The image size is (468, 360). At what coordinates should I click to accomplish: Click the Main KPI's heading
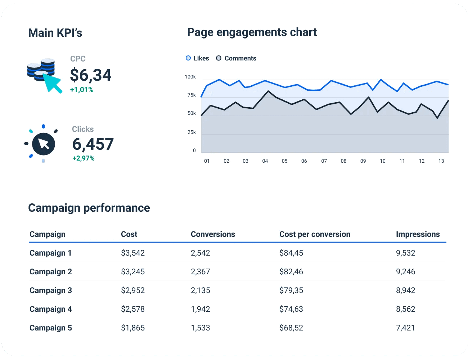55,33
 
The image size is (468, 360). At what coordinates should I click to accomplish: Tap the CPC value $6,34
91,75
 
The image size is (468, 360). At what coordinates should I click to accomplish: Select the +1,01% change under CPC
82,90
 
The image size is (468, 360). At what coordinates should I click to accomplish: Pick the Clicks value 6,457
93,144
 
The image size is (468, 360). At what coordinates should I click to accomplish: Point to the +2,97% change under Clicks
83,158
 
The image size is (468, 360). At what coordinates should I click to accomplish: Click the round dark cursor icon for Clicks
43,144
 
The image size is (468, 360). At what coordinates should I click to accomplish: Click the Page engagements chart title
252,32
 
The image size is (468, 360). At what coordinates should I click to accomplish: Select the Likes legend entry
197,58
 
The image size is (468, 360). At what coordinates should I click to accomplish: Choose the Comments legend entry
236,58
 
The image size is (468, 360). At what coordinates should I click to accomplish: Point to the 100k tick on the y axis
190,77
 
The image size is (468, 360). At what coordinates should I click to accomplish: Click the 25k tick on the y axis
192,132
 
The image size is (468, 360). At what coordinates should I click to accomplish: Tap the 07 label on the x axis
324,161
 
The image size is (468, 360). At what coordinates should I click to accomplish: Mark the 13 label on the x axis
441,161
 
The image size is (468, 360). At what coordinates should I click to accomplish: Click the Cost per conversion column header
315,234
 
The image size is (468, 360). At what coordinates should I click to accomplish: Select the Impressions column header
418,234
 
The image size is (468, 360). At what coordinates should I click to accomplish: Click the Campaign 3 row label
51,291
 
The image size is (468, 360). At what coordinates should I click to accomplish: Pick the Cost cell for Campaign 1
133,253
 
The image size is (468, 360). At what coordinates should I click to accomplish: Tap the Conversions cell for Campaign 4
200,309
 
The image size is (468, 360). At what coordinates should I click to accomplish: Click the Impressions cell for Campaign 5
405,328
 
